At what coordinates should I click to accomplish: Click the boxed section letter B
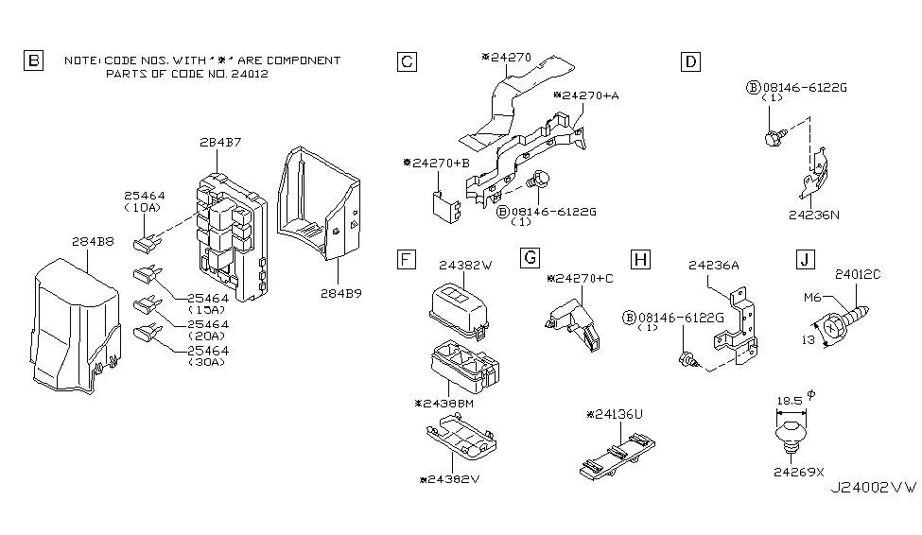(33, 62)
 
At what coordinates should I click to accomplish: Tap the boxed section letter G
(531, 258)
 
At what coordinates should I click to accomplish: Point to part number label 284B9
(341, 294)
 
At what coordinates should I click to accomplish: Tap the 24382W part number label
(461, 266)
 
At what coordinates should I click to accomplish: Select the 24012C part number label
(859, 275)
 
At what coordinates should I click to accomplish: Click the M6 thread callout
(808, 298)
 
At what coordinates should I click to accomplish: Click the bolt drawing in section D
(771, 136)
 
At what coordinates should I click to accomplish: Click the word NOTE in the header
(79, 60)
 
